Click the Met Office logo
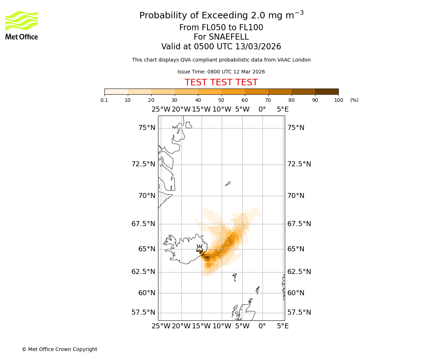pos(22,25)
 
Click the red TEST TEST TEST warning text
pos(221,82)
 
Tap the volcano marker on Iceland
pos(199,248)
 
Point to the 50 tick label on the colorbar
pos(221,100)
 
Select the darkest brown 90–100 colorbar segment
pos(327,91)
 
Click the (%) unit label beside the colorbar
pos(354,100)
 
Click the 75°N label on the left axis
pos(147,128)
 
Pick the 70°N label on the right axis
pos(296,196)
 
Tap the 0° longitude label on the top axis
pos(262,109)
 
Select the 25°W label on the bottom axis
pos(161,326)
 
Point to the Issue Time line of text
pos(221,72)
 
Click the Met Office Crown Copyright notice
pos(59,349)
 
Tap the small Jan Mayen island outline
pos(228,184)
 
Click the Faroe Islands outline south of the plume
pos(235,277)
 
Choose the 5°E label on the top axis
pos(283,109)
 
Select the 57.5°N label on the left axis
pos(143,312)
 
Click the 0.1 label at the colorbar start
pos(104,100)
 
